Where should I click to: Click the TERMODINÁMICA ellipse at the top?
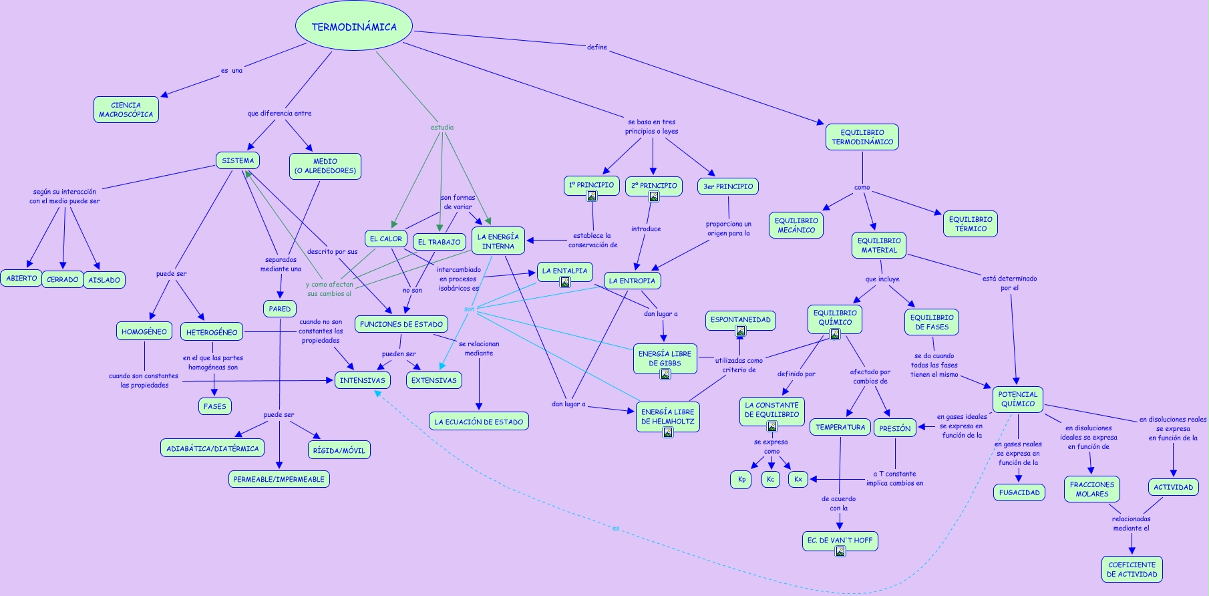coord(354,27)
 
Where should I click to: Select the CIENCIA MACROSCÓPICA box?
coord(126,110)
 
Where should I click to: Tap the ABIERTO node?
coord(21,278)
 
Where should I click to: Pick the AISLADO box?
coord(104,280)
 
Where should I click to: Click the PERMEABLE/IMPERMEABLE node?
coord(279,479)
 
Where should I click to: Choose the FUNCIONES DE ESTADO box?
coord(401,324)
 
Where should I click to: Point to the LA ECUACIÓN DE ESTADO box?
coord(478,422)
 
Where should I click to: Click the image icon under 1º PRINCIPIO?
coord(592,196)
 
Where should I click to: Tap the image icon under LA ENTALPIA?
coord(565,282)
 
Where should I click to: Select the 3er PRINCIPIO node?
coord(728,186)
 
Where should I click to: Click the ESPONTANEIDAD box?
coord(740,319)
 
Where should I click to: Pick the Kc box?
coord(770,479)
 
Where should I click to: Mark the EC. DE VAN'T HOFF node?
coord(840,540)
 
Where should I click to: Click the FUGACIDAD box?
coord(1019,492)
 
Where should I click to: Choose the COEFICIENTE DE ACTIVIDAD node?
coord(1132,569)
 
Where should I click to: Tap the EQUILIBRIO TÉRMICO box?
coord(970,224)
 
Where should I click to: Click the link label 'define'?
coord(597,47)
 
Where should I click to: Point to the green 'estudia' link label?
coord(442,127)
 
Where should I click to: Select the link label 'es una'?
coord(232,70)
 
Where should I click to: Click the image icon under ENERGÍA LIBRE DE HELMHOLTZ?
coord(668,432)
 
